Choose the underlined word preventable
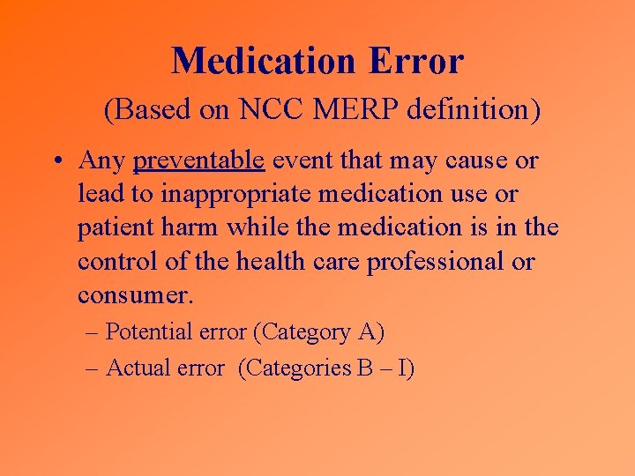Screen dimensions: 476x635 pos(198,161)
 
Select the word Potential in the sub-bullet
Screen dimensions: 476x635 pos(145,332)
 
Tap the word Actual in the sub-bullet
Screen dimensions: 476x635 pos(134,368)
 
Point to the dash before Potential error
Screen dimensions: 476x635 pos(93,332)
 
